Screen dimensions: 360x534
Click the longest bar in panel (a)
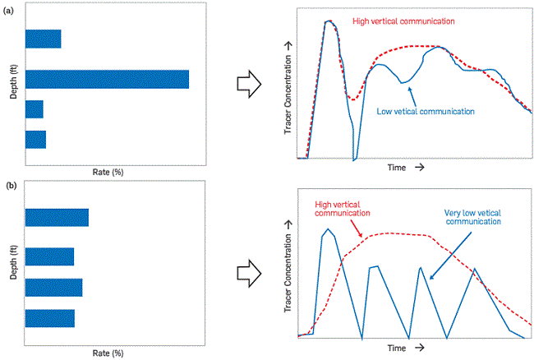coord(107,79)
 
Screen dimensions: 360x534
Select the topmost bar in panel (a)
coord(43,39)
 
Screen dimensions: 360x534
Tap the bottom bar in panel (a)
coord(35,139)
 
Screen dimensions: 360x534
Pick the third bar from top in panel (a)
coord(34,109)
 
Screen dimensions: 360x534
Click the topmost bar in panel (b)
coord(57,217)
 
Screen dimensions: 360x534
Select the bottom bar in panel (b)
coord(49,318)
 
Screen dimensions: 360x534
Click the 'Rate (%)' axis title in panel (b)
coord(107,353)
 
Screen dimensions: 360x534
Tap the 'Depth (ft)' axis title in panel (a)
coord(13,82)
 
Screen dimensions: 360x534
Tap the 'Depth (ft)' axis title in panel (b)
coord(13,263)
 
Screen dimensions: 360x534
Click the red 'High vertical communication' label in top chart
coord(399,19)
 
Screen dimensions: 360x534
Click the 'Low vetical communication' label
coord(426,110)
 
